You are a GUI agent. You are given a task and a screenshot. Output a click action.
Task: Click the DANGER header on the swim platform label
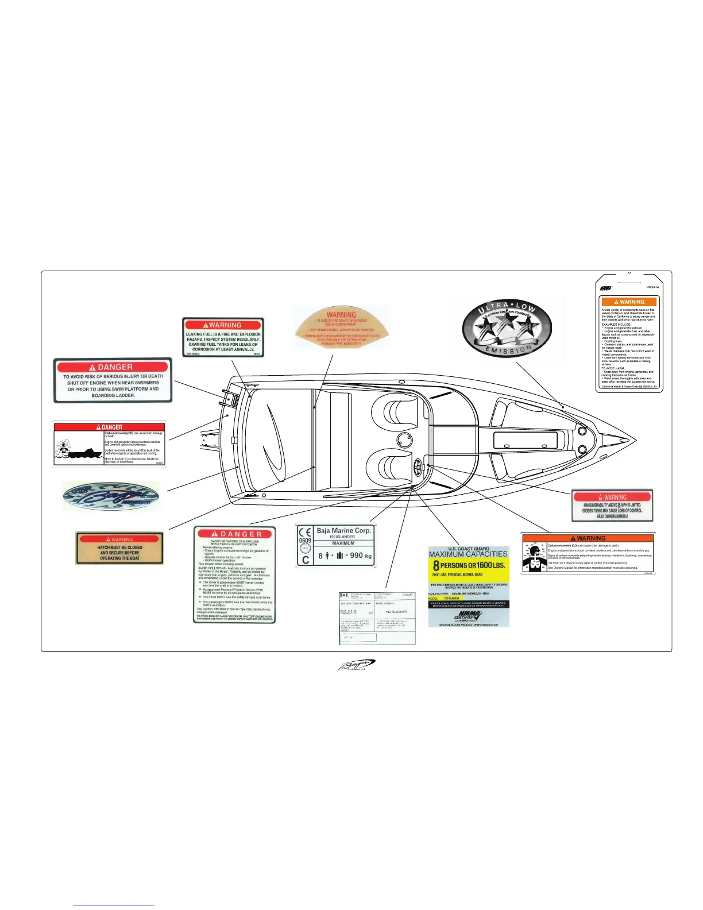113,367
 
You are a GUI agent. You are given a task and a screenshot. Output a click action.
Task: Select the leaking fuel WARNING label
223,337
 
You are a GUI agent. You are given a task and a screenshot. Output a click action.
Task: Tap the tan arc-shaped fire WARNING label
341,327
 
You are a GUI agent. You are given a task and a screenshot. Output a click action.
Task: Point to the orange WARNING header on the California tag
629,302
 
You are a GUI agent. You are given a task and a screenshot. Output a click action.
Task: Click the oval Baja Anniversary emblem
111,497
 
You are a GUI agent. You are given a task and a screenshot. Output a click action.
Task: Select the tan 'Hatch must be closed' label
119,548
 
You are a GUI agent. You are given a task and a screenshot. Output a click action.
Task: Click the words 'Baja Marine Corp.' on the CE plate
343,530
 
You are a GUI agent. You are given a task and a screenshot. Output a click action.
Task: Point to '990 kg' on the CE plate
361,556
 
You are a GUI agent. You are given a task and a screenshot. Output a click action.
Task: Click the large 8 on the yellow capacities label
437,566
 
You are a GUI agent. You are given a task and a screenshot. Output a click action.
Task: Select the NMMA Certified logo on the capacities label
468,616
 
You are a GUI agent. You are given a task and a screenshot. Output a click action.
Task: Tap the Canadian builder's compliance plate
377,618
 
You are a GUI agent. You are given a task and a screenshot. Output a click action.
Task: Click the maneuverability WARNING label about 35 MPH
612,506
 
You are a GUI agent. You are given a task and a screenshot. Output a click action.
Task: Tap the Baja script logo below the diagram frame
356,665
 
